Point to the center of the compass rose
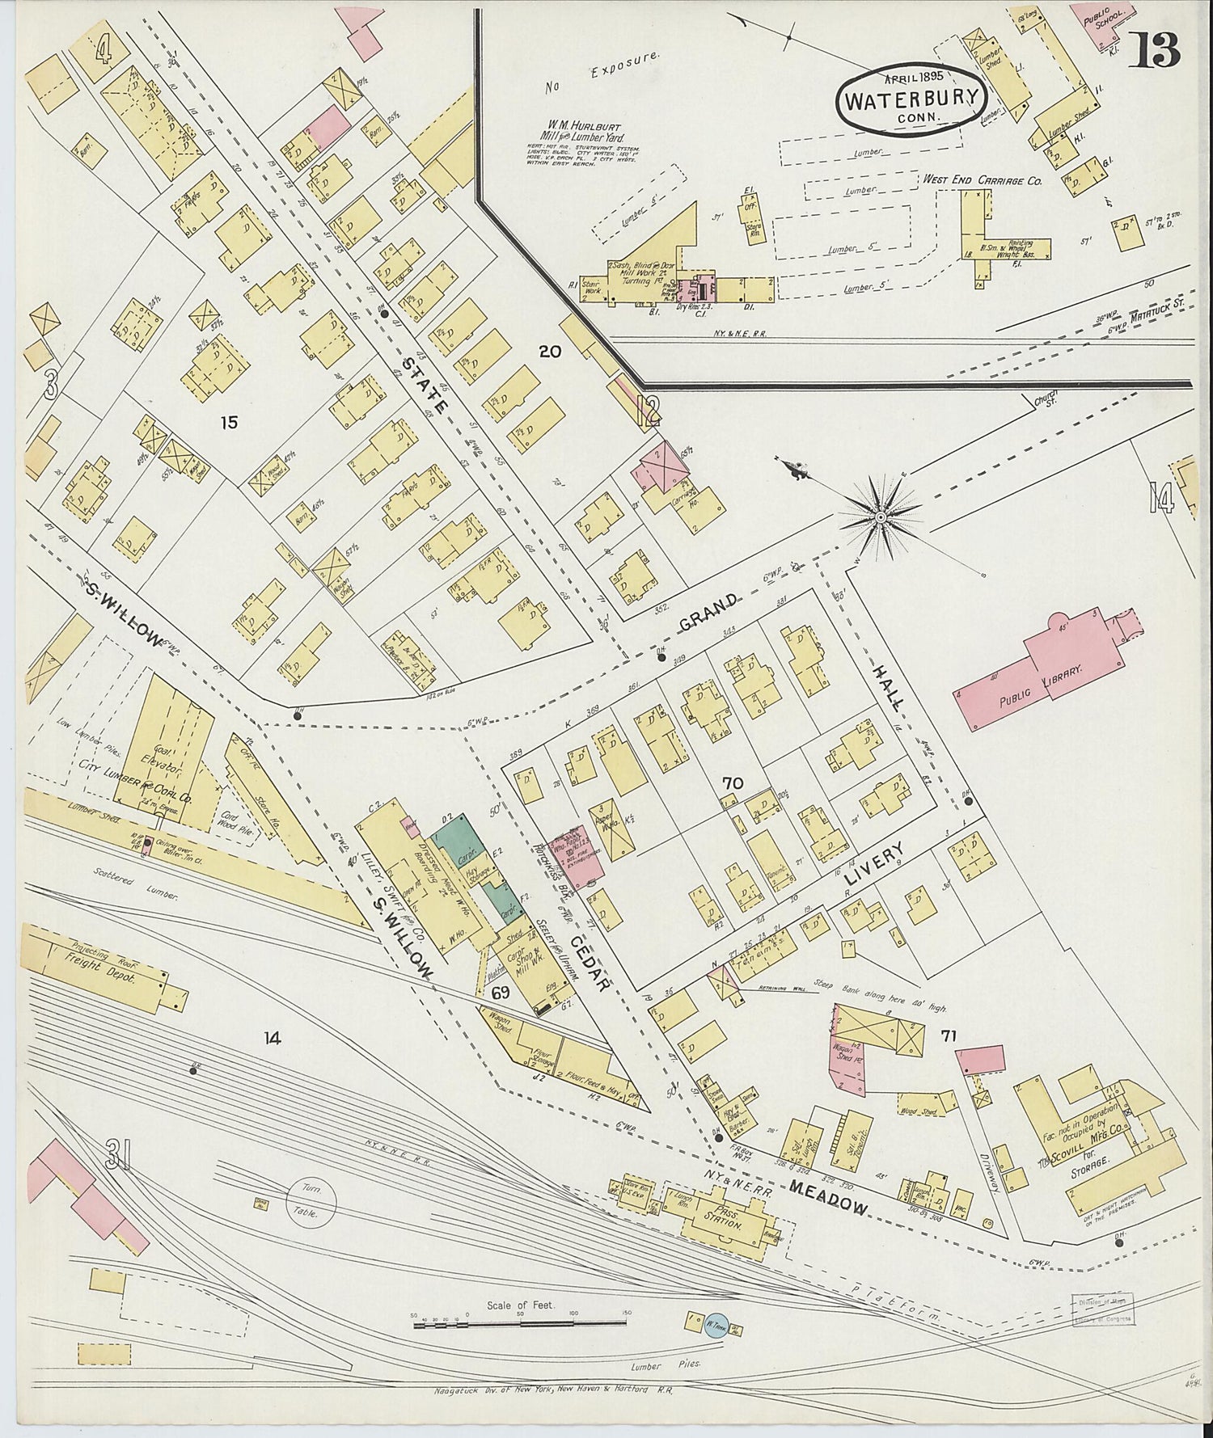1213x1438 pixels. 880,515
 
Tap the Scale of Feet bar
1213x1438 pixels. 520,1323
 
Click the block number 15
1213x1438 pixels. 229,422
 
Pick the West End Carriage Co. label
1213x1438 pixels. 982,180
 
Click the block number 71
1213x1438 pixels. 949,1035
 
